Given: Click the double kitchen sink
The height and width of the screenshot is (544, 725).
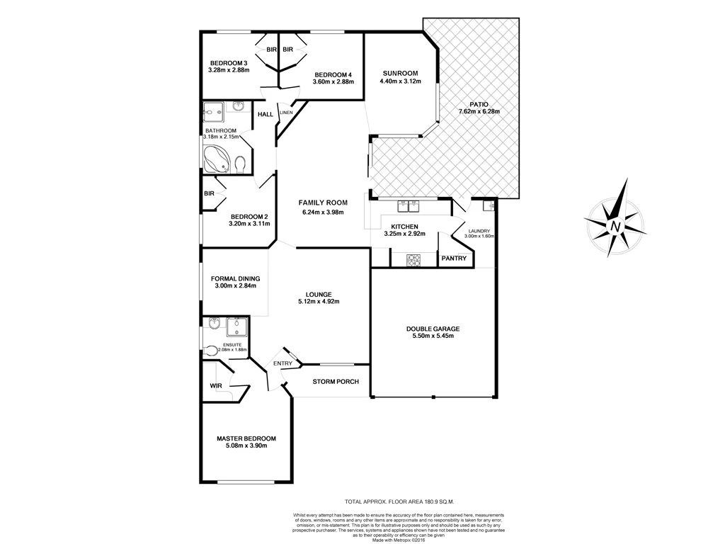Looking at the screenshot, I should pyautogui.click(x=409, y=206).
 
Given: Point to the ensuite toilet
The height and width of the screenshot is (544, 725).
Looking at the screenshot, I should pyautogui.click(x=212, y=351).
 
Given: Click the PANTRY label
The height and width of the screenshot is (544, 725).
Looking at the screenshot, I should pyautogui.click(x=454, y=259).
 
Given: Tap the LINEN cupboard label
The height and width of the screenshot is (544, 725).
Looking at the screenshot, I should pyautogui.click(x=286, y=113).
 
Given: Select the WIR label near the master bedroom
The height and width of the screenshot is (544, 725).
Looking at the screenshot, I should pyautogui.click(x=217, y=386).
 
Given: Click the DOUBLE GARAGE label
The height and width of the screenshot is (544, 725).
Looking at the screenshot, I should pyautogui.click(x=433, y=329).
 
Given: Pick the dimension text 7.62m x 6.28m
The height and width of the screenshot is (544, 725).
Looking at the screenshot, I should pyautogui.click(x=479, y=112).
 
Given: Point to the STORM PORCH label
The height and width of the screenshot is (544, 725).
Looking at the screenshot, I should pyautogui.click(x=336, y=382).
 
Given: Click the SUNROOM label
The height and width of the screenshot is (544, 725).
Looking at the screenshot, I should pyautogui.click(x=400, y=74).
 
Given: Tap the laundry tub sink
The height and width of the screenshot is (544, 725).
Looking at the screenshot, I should pyautogui.click(x=488, y=206).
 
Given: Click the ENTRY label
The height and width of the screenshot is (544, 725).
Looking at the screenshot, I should pyautogui.click(x=282, y=363).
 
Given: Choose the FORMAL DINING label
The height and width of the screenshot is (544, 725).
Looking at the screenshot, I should pyautogui.click(x=235, y=278).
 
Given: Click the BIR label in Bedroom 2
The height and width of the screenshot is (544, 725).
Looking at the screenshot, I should pyautogui.click(x=209, y=193).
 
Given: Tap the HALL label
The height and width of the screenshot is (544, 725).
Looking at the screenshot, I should pyautogui.click(x=266, y=114).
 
